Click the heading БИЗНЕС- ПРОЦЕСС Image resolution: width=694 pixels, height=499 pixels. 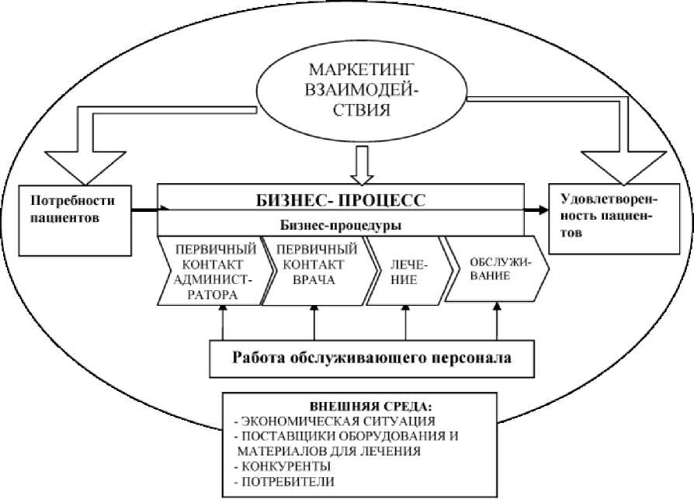(340, 200)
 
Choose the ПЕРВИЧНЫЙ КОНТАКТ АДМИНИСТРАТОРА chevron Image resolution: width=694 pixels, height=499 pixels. (217, 272)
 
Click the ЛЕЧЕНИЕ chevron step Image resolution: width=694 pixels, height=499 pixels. (403, 272)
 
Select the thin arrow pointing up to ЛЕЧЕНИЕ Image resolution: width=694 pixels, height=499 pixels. (406, 322)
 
